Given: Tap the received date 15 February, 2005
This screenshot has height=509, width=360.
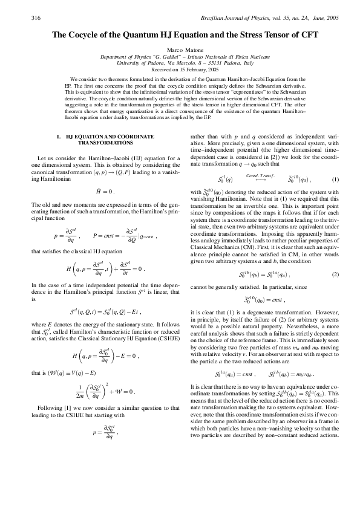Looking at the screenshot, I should pyautogui.click(x=192, y=70).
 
